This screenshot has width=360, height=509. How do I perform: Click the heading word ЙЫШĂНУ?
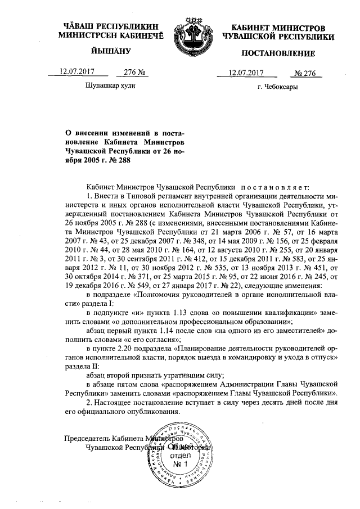pos(110,51)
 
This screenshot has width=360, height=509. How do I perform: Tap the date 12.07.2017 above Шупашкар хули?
pos(76,72)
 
